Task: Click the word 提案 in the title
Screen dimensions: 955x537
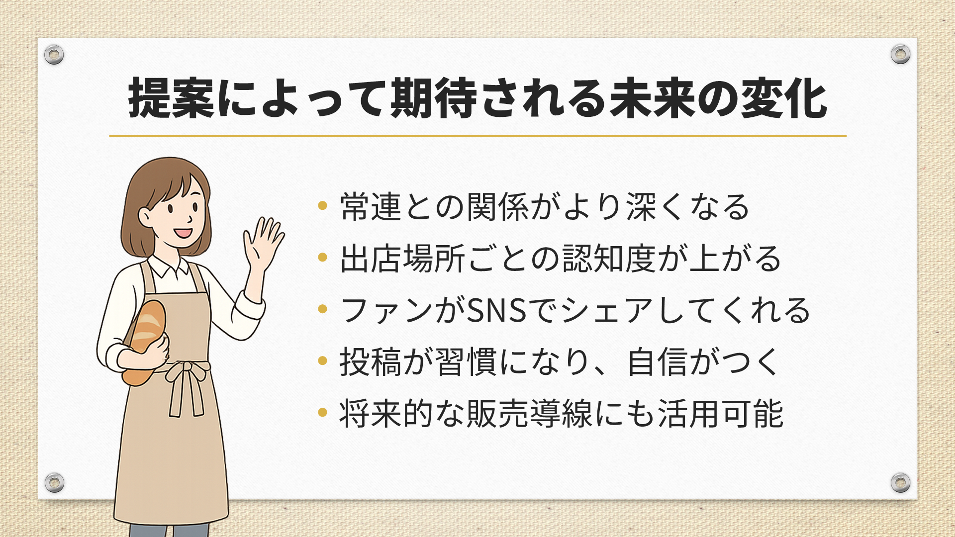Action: click(171, 98)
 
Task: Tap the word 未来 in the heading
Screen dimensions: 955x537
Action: click(653, 98)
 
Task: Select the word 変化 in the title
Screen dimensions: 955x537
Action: click(784, 98)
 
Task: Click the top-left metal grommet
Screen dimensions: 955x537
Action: click(54, 54)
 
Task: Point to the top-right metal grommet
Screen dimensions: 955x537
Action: click(900, 54)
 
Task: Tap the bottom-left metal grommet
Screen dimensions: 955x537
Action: click(54, 482)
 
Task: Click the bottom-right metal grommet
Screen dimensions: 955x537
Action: click(900, 482)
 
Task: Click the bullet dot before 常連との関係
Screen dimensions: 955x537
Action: click(322, 205)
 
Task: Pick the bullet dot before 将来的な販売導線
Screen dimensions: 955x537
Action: click(322, 412)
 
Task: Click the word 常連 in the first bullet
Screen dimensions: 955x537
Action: click(371, 206)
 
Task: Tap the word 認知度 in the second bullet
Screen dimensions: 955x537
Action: click(610, 258)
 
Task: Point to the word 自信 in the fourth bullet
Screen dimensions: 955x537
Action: click(658, 361)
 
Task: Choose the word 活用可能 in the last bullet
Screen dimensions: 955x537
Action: click(721, 413)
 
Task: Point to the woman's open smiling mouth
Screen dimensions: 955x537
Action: click(183, 232)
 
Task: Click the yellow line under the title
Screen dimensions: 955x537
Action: click(477, 136)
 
